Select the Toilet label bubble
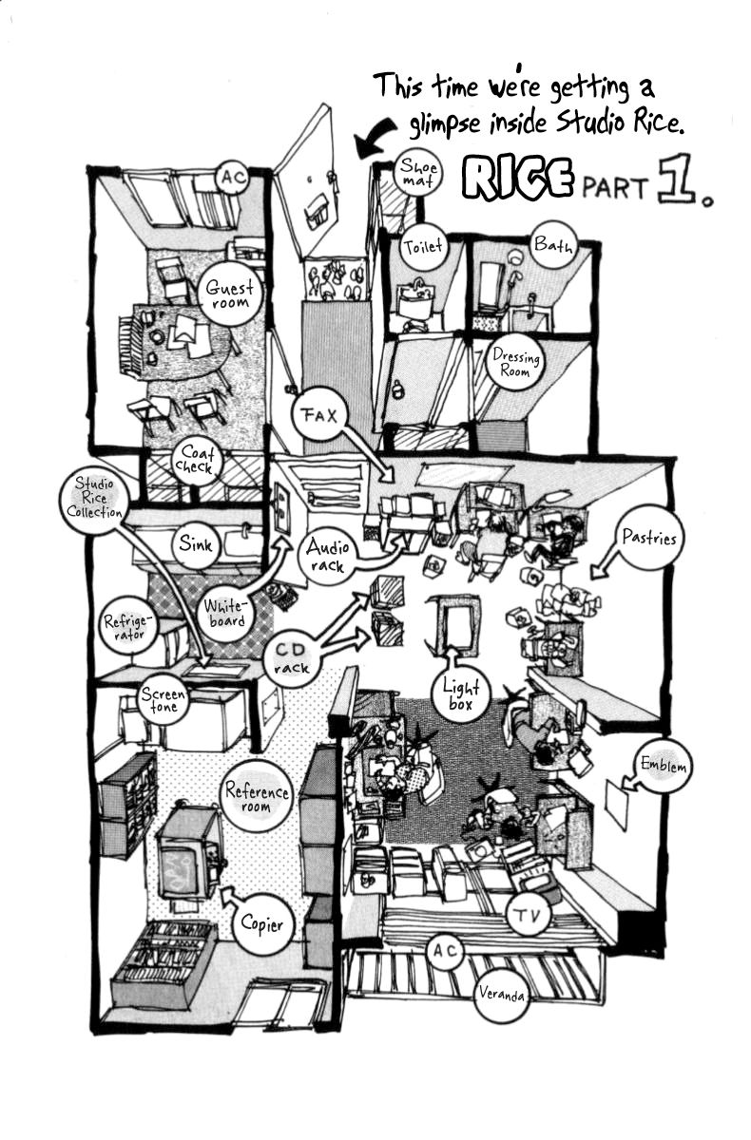(423, 247)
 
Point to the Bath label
(552, 246)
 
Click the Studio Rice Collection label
(100, 497)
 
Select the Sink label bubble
(197, 544)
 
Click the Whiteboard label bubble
(225, 613)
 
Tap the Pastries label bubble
(650, 539)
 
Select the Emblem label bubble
(663, 766)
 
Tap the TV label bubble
(531, 916)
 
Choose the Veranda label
(501, 997)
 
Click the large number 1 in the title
(677, 185)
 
